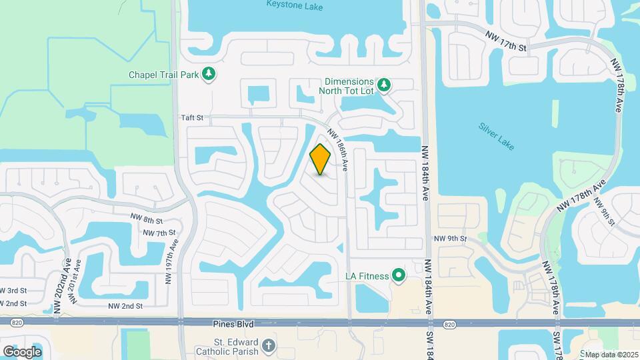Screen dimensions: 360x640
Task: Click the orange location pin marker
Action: pos(320,159)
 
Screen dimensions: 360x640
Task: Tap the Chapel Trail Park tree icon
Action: pos(209,74)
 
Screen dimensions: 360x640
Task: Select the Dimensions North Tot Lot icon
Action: pos(383,85)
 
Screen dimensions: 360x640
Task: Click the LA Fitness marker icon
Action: pos(399,275)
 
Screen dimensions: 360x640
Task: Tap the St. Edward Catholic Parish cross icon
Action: pos(268,345)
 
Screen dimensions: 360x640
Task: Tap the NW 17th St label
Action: pos(506,41)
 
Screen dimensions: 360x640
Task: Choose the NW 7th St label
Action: pos(159,232)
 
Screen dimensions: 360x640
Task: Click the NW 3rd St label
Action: pos(13,290)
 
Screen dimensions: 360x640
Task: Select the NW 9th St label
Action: pos(451,238)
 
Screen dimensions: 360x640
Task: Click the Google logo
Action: pos(21,351)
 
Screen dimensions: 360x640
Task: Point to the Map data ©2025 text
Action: pos(611,355)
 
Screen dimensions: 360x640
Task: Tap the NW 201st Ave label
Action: pos(79,281)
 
